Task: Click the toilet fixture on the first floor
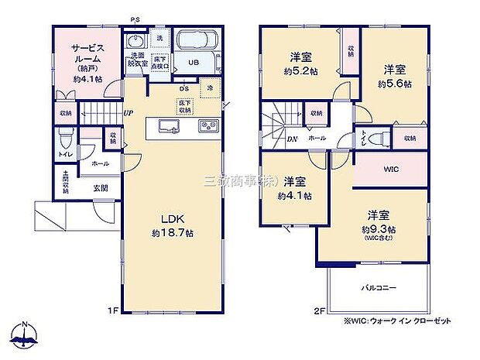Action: coord(67,141)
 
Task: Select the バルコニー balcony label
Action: coord(378,287)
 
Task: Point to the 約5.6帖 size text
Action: coord(394,82)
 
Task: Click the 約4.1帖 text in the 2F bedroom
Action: coord(294,196)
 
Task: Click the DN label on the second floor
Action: coord(269,140)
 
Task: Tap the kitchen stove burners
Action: coord(209,126)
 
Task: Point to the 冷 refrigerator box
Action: coord(210,90)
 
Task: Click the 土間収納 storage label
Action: coord(66,183)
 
